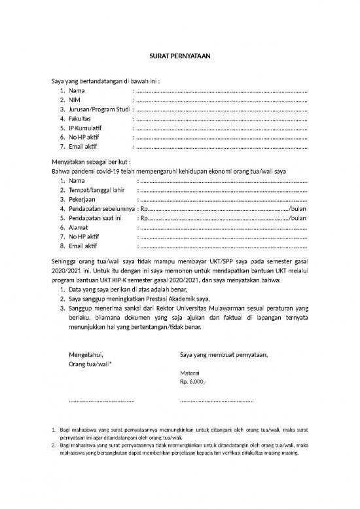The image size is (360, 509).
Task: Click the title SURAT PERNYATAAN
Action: click(x=179, y=54)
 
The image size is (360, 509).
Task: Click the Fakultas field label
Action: click(x=82, y=119)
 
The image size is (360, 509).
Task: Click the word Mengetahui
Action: click(x=86, y=355)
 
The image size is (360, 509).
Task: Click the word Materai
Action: click(x=190, y=371)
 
